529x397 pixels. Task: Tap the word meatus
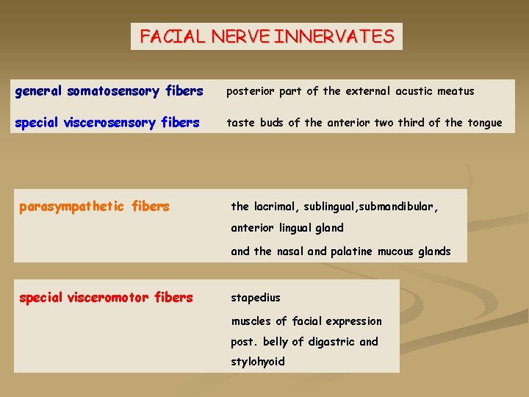coord(456,91)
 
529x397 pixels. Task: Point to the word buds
coord(270,123)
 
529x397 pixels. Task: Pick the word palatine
coord(351,251)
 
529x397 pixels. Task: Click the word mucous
coord(397,251)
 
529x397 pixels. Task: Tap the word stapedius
coord(256,298)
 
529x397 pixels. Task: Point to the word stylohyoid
coord(257,362)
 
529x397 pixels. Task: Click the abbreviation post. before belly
coord(243,341)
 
